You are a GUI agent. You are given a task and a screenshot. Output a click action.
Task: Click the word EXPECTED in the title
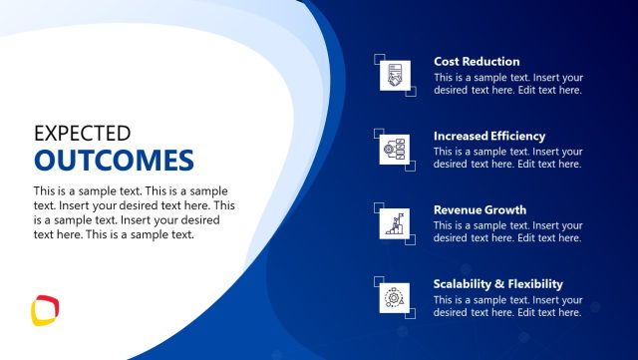[82, 133]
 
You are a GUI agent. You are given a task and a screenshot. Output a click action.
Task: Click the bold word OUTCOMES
[114, 161]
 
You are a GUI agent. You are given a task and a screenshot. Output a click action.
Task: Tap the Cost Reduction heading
[477, 62]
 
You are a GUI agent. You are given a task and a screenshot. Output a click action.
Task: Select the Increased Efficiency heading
[489, 136]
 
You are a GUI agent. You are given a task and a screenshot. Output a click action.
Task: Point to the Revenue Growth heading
[479, 210]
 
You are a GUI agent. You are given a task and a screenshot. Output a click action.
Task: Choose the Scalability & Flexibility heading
[498, 284]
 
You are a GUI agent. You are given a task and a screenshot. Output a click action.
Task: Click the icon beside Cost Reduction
[395, 76]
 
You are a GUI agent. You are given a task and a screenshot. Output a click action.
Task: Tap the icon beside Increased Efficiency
[395, 150]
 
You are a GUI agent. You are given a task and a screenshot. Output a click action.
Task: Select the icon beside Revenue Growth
[395, 223]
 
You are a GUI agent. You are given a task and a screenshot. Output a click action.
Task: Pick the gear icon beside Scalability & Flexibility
[395, 297]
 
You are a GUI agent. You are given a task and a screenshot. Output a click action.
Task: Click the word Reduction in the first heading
[493, 62]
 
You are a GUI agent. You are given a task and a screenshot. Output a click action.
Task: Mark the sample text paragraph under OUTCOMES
[134, 212]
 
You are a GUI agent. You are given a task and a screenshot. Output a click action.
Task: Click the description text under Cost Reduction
[508, 84]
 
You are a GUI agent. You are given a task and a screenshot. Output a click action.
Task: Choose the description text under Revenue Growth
[508, 232]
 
